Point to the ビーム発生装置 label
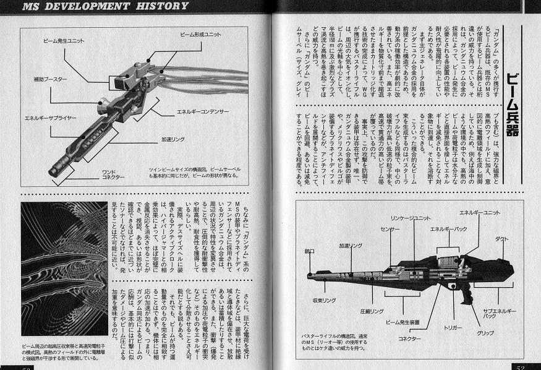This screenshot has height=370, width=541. pyautogui.click(x=403, y=322)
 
